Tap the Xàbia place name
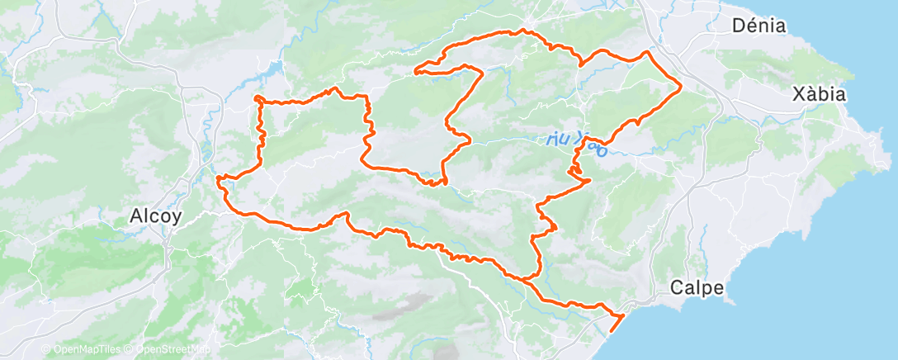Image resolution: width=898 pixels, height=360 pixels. [x=818, y=93]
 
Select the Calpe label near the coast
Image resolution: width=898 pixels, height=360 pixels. [x=697, y=288]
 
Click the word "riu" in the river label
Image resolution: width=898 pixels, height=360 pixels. [x=557, y=140]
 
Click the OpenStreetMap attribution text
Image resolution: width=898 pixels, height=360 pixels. [x=174, y=350]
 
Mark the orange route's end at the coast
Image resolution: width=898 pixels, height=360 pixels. [x=611, y=332]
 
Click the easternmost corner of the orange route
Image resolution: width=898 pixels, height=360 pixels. [x=681, y=84]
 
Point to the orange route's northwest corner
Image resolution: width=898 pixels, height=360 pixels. [x=258, y=99]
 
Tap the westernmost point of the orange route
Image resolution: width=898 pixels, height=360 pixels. [x=217, y=177]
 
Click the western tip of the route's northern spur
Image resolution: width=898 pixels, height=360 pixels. [x=414, y=71]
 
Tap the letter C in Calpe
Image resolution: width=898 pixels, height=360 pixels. [x=676, y=288]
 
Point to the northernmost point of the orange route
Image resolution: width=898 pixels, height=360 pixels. [x=520, y=31]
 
